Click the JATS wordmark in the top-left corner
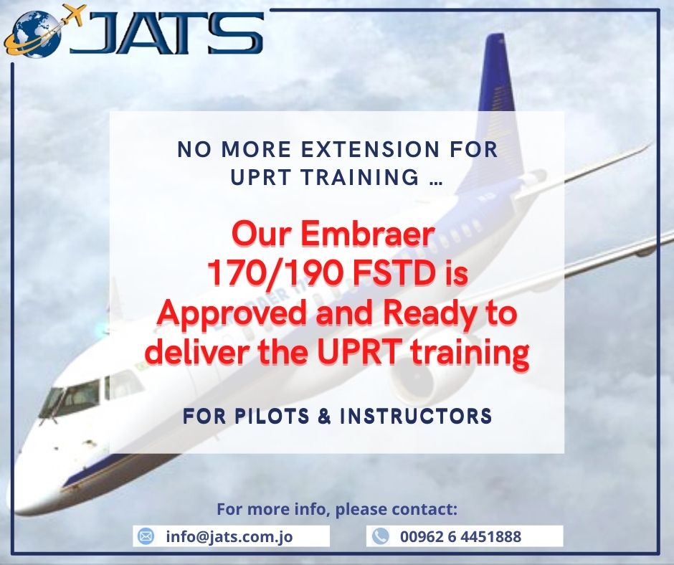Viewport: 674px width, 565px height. (x=167, y=34)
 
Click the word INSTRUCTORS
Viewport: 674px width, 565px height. (x=416, y=417)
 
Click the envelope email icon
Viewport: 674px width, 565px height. (x=146, y=536)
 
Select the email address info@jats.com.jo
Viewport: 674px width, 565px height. (x=229, y=536)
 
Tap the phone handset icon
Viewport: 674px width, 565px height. (x=380, y=536)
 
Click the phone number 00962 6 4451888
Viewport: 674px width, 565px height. (x=460, y=536)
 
